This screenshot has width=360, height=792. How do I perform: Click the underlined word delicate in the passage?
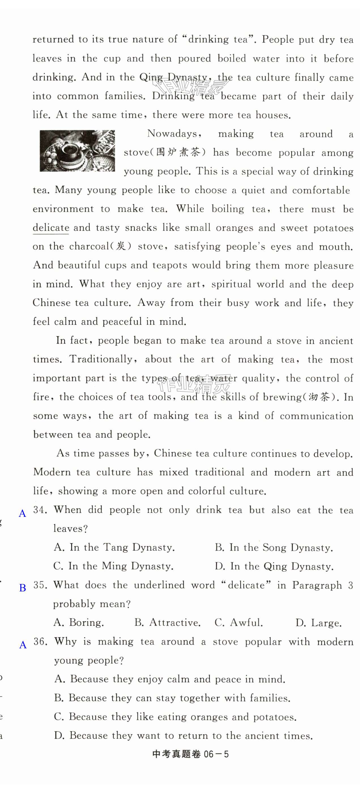click(51, 228)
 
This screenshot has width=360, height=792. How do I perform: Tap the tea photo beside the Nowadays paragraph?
click(77, 151)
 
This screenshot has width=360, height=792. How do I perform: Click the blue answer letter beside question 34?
click(22, 513)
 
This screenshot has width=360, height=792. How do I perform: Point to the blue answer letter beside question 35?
click(22, 588)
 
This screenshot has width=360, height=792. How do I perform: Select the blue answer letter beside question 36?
click(23, 645)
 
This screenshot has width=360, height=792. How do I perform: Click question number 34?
click(40, 510)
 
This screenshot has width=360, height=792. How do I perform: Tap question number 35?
click(40, 585)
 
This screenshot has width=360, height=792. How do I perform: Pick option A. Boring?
click(79, 623)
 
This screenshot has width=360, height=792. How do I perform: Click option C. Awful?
click(238, 623)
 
